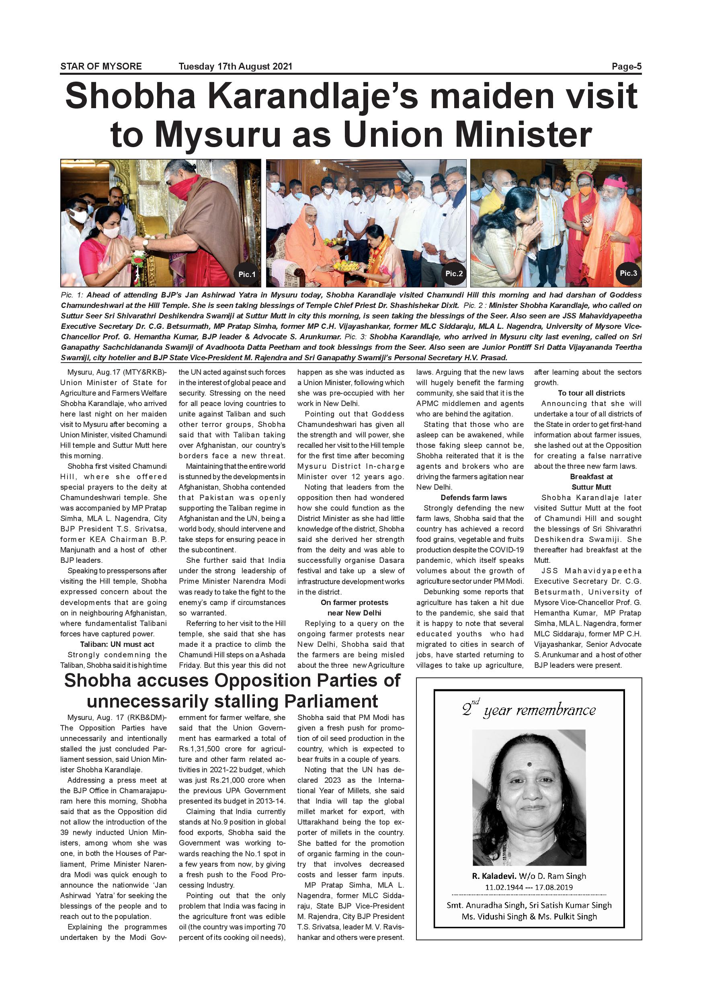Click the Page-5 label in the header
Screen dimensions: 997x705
pyautogui.click(x=626, y=66)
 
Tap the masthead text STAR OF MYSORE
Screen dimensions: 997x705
pyautogui.click(x=101, y=66)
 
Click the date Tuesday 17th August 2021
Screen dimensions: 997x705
pyautogui.click(x=235, y=66)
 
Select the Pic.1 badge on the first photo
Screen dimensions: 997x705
pyautogui.click(x=246, y=274)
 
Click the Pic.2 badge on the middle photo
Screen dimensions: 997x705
pyautogui.click(x=454, y=273)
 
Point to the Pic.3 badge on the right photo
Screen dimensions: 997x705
pyautogui.click(x=628, y=273)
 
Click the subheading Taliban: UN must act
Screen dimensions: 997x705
pyautogui.click(x=117, y=644)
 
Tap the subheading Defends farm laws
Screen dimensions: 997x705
pyautogui.click(x=473, y=498)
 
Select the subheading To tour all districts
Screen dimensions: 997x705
pyautogui.click(x=591, y=393)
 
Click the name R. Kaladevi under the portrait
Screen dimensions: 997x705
pyautogui.click(x=494, y=876)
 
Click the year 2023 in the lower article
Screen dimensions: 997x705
pyautogui.click(x=332, y=780)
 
